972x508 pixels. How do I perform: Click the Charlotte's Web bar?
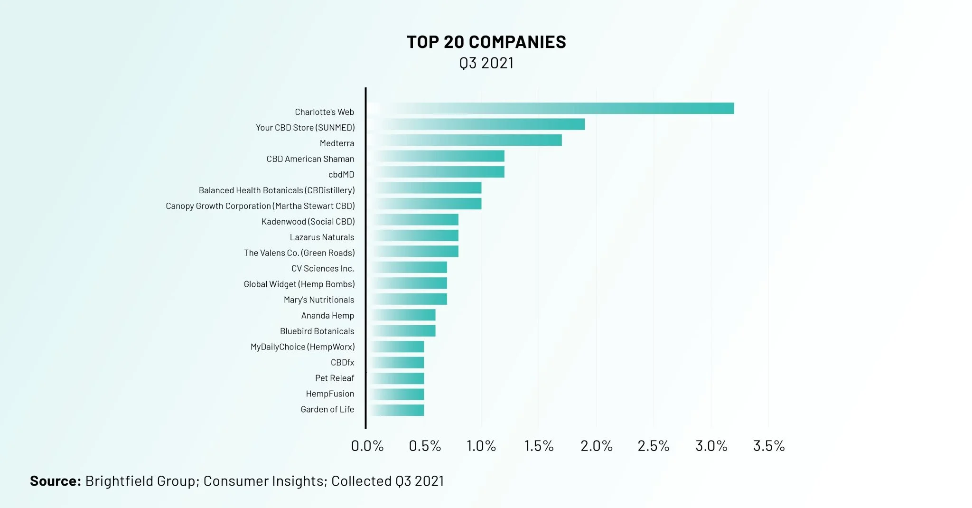551,108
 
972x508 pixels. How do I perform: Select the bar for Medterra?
465,140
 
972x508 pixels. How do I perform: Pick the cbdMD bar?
437,172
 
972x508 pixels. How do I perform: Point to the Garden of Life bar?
396,410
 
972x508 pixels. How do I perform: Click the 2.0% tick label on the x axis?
596,446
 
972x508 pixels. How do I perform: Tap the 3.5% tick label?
768,446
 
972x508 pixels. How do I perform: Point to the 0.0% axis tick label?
367,446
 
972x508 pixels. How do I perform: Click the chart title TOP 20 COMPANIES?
486,42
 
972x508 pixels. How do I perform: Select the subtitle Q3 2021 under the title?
486,63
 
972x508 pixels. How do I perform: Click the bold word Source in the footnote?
55,481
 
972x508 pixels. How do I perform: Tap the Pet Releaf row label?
334,378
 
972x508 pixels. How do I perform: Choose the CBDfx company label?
342,362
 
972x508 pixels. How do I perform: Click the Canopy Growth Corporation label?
218,206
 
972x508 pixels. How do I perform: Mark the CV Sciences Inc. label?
322,268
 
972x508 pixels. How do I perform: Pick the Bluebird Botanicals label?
317,331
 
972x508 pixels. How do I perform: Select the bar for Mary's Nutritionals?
408,299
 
